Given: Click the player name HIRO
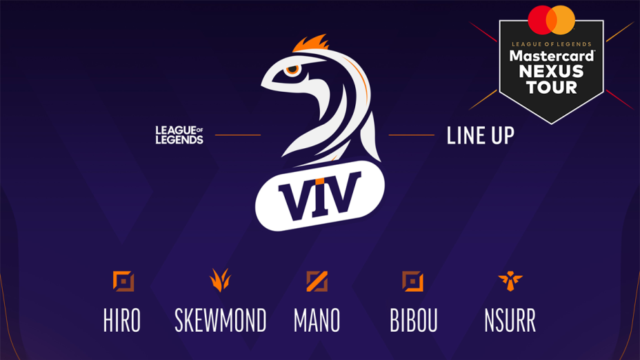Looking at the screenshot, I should tap(122, 321).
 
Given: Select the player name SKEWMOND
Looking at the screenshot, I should tap(220, 321).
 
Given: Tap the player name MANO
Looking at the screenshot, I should tap(317, 321).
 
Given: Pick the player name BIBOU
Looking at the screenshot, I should tap(413, 321).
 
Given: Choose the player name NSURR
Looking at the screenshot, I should tap(510, 321).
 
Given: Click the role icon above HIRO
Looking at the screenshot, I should tap(123, 281).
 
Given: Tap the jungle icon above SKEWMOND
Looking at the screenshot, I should tap(220, 280).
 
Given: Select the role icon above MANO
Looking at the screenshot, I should tap(317, 281).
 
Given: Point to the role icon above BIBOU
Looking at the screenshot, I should tap(412, 281).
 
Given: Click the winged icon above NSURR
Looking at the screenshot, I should tap(510, 281).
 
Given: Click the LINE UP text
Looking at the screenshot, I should tap(480, 136).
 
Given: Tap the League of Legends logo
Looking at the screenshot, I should tap(179, 135).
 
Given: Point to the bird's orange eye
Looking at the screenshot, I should tap(293, 69).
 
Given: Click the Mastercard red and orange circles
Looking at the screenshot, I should tap(551, 20).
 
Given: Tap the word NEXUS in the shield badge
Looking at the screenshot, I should tap(551, 72).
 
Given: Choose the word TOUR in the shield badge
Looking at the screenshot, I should tap(551, 87).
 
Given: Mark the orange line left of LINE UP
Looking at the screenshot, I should tap(411, 135).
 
